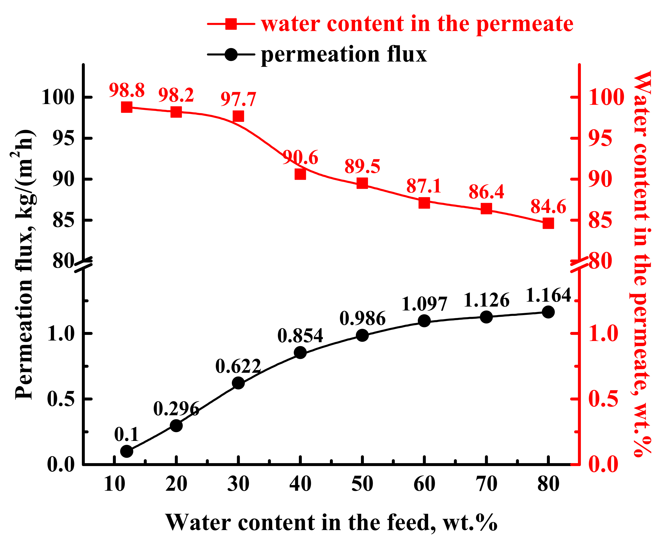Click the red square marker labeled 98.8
click(x=126, y=107)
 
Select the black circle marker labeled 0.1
click(x=126, y=451)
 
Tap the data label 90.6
click(x=300, y=157)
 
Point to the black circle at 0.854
click(x=300, y=352)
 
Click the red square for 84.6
click(x=548, y=224)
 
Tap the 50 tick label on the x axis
click(x=362, y=484)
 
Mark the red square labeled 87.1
click(x=424, y=203)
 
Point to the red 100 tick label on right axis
click(x=606, y=97)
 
